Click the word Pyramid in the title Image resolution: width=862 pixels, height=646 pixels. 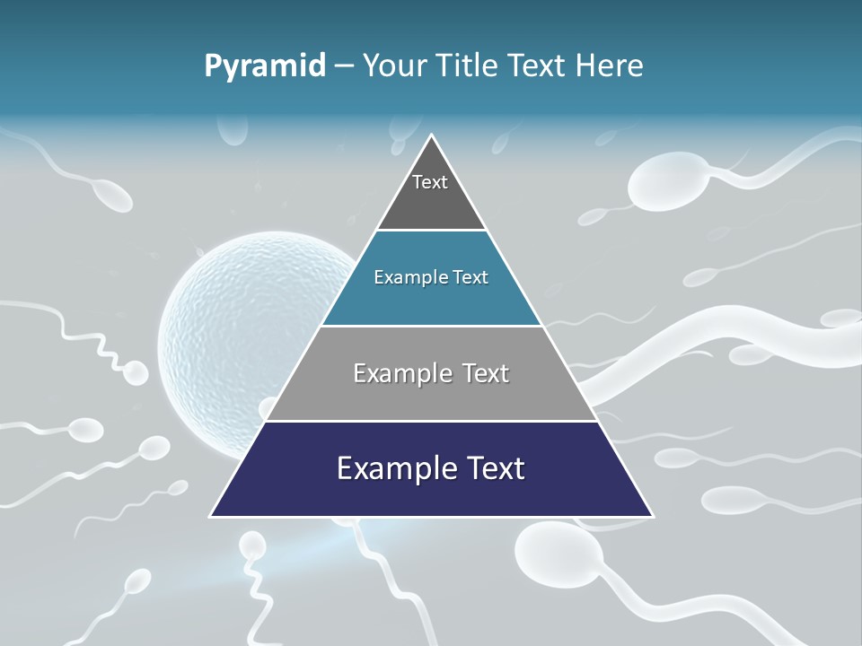264,66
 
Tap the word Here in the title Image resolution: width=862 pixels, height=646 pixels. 611,65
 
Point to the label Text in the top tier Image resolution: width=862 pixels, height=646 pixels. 430,182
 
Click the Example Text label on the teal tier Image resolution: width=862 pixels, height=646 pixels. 431,277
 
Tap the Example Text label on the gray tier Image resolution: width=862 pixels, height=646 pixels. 431,373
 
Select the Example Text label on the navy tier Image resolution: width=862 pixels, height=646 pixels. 431,468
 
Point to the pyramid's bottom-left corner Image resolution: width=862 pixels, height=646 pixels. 212,516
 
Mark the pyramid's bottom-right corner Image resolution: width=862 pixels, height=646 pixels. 652,516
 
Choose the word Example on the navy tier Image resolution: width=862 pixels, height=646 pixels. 389,468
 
